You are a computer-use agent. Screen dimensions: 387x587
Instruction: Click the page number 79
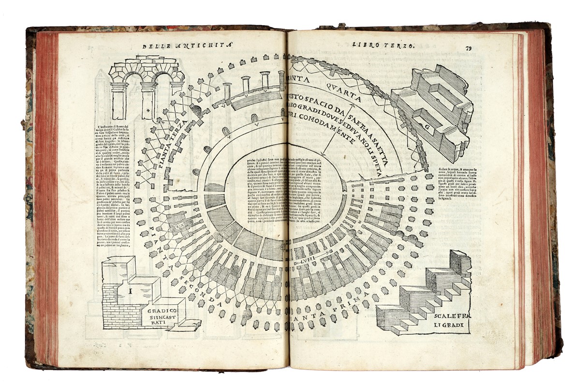(x=469, y=48)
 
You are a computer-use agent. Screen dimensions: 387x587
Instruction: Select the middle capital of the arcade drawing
(x=148, y=86)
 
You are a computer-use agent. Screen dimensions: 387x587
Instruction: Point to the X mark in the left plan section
(x=178, y=225)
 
